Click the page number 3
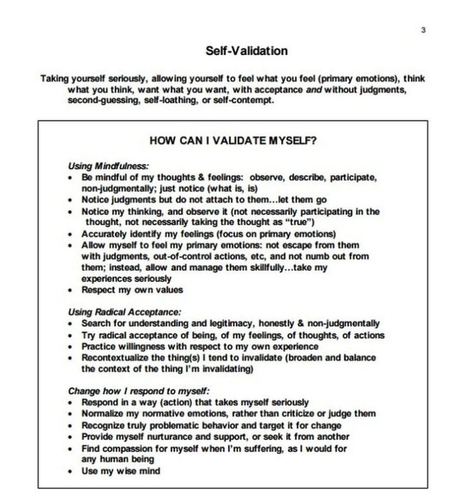(x=423, y=30)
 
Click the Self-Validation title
(x=247, y=51)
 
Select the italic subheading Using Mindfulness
(x=109, y=165)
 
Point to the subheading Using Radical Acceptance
(x=125, y=312)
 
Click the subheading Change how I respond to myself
(x=139, y=390)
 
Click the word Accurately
(x=106, y=234)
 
